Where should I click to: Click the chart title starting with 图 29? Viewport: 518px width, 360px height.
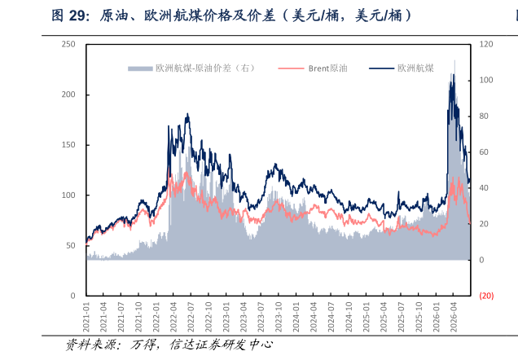231,15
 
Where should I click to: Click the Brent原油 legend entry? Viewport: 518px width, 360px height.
313,68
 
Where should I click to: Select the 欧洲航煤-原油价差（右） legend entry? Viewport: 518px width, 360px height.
192,68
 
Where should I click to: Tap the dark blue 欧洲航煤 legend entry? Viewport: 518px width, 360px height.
402,68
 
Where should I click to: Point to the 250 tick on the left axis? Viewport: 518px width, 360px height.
68,44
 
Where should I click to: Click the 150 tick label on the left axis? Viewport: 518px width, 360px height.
68,145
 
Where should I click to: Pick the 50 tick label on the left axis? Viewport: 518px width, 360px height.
71,246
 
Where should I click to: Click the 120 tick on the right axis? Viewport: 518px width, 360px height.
486,44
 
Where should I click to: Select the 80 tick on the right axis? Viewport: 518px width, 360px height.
484,116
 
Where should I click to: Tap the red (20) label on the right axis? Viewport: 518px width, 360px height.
486,296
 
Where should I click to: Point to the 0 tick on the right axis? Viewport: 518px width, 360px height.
481,261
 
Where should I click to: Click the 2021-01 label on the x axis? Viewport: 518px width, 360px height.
86,317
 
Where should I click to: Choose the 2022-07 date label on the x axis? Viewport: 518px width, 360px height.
191,317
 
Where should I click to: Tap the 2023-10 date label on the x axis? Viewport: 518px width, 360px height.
279,317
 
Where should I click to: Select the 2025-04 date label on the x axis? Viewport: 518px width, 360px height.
384,317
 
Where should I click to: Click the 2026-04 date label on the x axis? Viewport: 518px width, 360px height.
454,317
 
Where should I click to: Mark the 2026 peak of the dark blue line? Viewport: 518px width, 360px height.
454,75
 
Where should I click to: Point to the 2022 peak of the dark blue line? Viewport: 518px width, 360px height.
187,114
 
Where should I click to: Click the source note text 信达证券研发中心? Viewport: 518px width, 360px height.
222,345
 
